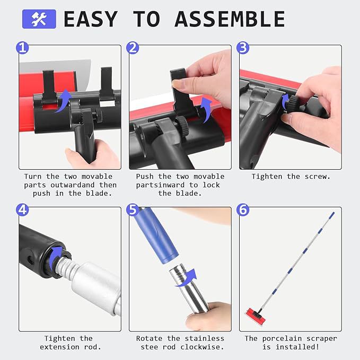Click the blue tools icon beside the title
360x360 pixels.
coord(39,19)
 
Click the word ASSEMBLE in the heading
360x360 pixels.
coord(230,19)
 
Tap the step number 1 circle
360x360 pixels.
coord(22,48)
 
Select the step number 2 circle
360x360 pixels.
coord(133,48)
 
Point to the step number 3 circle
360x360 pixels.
coord(243,48)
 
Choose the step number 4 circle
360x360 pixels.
coord(22,210)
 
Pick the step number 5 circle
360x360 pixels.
coord(133,210)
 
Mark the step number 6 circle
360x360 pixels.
coord(243,210)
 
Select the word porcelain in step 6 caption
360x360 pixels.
coord(282,338)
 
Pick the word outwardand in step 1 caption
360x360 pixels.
coord(72,185)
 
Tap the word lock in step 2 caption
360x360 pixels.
coord(211,185)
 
